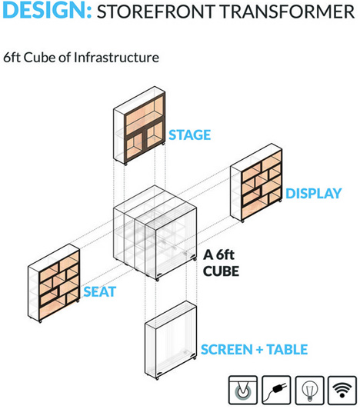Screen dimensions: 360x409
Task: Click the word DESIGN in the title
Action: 45,10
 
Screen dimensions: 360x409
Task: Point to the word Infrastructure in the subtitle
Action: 116,58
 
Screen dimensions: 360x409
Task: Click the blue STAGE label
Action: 190,135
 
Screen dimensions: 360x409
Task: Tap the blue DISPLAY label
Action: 314,194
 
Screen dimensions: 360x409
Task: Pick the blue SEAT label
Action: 99,291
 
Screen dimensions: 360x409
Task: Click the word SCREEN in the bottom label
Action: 227,350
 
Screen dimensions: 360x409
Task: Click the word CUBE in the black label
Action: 221,271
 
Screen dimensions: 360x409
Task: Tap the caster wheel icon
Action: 243,391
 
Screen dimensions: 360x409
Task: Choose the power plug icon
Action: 276,391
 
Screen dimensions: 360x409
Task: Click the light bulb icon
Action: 310,391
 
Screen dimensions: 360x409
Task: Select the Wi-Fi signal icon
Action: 342,391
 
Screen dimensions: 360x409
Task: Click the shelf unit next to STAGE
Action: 139,125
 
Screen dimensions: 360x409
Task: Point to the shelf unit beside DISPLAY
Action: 256,183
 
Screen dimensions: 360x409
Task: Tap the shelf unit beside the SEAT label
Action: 54,283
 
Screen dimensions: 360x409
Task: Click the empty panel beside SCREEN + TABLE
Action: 171,340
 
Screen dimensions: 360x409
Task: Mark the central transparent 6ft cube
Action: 155,233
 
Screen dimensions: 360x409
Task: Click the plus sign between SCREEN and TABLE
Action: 259,350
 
